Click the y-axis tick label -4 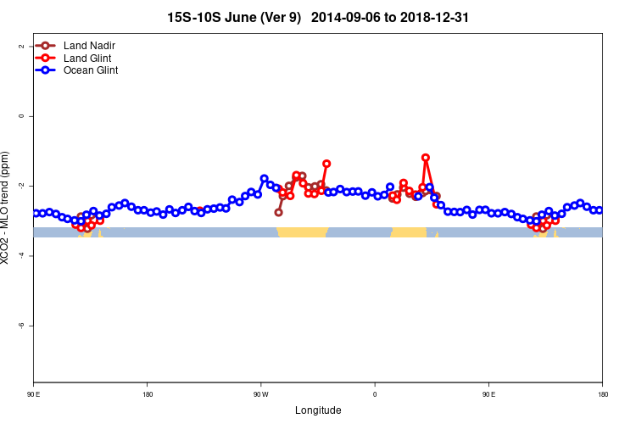coord(20,255)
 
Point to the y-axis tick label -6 coord(20,326)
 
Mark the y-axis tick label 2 coord(20,46)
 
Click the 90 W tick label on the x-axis coord(260,393)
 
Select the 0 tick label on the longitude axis coord(375,393)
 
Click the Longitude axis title coord(318,410)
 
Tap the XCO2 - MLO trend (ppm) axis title coord(7,208)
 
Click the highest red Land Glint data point coord(425,158)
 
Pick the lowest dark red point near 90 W coord(278,212)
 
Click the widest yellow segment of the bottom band coord(303,232)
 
